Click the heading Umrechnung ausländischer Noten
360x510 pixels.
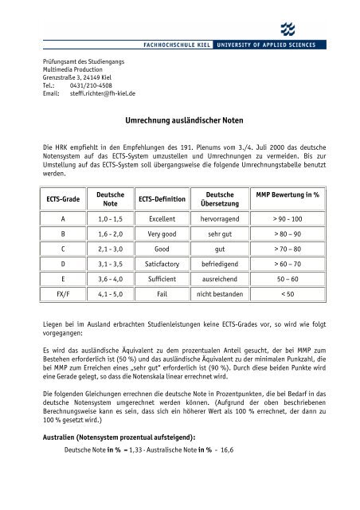click(180, 120)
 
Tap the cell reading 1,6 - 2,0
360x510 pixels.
click(109, 237)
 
